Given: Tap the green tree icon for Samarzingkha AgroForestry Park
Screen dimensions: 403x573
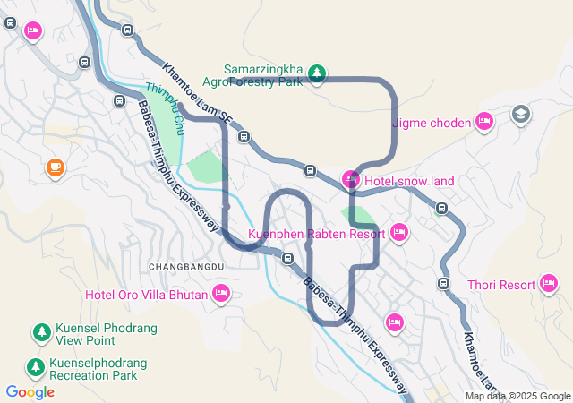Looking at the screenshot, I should (x=316, y=73).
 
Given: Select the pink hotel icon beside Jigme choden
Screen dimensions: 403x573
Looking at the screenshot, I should (x=484, y=121).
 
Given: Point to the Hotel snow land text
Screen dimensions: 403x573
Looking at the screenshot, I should (x=409, y=181).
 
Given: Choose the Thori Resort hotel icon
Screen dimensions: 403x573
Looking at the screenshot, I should (x=550, y=285).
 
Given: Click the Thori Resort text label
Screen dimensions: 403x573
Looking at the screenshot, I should (x=500, y=286).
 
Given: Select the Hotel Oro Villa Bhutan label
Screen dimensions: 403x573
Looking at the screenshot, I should (x=146, y=294).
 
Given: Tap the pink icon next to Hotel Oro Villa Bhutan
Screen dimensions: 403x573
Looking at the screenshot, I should (x=221, y=293).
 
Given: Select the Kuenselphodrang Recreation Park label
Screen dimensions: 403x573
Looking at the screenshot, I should (x=98, y=369).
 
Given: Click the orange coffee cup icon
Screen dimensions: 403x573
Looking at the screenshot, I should (x=55, y=167).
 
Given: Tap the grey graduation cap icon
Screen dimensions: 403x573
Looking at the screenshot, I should (x=520, y=115).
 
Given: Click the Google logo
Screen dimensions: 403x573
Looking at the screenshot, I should (x=30, y=392).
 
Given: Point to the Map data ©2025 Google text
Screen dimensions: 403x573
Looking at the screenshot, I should (x=517, y=396).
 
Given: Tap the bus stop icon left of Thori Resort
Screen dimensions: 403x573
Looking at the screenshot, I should (x=443, y=283).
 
